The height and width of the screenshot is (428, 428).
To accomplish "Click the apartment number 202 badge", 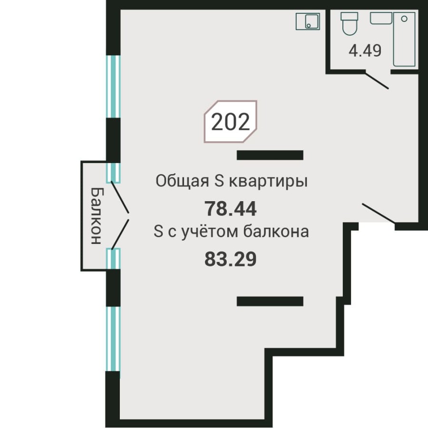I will (x=231, y=122).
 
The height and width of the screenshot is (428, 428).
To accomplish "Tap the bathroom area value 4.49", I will (x=365, y=50).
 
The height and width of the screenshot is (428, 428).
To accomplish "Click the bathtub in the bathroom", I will (x=404, y=40).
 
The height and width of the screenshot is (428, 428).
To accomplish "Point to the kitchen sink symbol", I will (x=308, y=21).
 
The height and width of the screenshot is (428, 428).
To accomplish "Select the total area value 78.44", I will (x=231, y=208).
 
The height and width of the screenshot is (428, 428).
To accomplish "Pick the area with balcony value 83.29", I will (x=231, y=259).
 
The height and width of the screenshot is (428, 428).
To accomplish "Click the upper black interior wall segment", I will (x=270, y=155).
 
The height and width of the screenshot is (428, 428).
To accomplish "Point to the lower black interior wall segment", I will (x=270, y=301).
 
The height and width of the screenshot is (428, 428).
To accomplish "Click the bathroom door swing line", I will (x=377, y=80).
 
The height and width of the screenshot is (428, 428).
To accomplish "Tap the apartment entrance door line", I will (x=379, y=214).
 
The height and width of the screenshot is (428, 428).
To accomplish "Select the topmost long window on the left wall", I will (x=113, y=87).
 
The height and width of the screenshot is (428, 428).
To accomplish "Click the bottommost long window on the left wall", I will (x=113, y=339).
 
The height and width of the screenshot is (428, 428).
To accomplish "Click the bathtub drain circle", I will (x=404, y=19).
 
